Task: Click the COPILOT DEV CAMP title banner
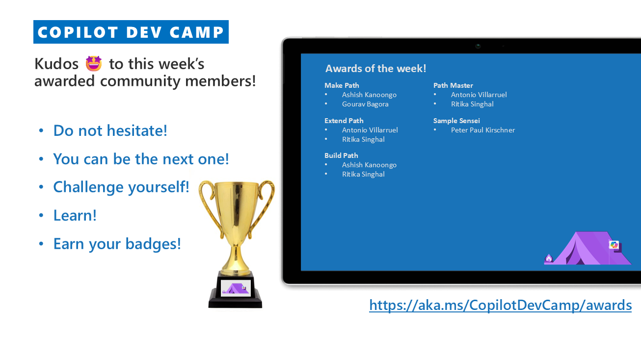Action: pyautogui.click(x=131, y=32)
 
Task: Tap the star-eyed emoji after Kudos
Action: pyautogui.click(x=94, y=63)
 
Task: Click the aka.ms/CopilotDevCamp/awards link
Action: pyautogui.click(x=500, y=305)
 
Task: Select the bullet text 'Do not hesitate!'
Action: pyautogui.click(x=110, y=130)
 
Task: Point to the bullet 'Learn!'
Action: pyautogui.click(x=75, y=215)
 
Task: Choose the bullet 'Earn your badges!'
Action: pyautogui.click(x=117, y=244)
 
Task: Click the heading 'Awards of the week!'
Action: pyautogui.click(x=376, y=69)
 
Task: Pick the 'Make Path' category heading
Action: pyautogui.click(x=342, y=85)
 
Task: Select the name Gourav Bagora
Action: pyautogui.click(x=365, y=104)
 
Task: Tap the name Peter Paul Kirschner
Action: pyautogui.click(x=483, y=130)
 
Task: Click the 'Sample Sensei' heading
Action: pyautogui.click(x=456, y=121)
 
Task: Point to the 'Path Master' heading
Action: pyautogui.click(x=453, y=85)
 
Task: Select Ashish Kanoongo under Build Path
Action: pyautogui.click(x=369, y=165)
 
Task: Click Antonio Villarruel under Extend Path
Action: pyautogui.click(x=370, y=130)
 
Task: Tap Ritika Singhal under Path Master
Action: pyautogui.click(x=472, y=104)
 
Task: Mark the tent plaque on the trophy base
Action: pyautogui.click(x=236, y=288)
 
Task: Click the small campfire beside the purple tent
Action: pyautogui.click(x=549, y=258)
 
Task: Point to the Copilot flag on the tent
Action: pyautogui.click(x=614, y=245)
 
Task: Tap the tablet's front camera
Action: pyautogui.click(x=478, y=46)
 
